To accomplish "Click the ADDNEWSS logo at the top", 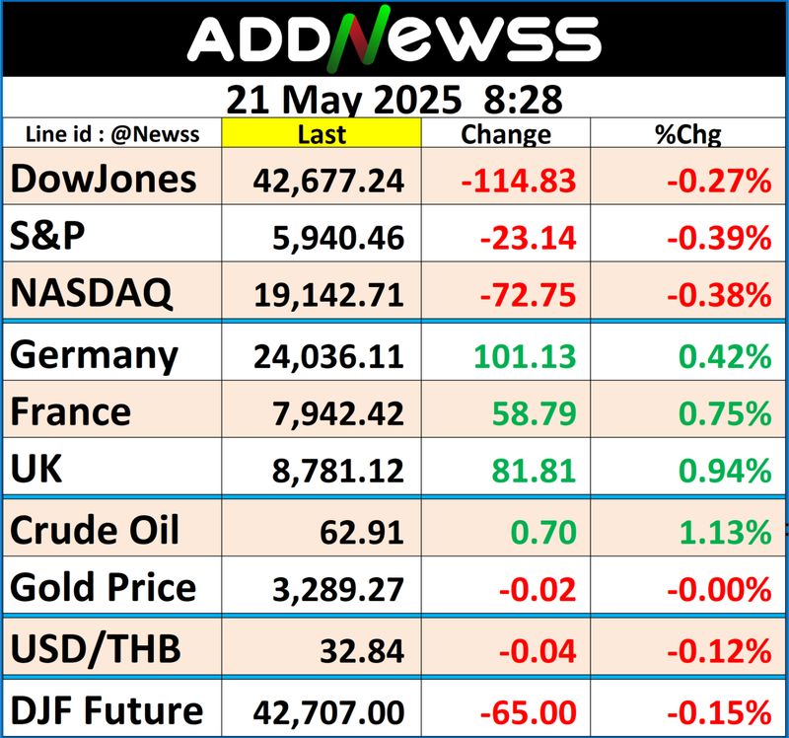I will point(394,40).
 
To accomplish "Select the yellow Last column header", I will point(321,133).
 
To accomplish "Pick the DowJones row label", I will point(104,179).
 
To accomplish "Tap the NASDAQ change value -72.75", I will point(527,293).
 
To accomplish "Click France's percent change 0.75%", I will point(730,411).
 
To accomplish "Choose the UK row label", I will point(36,469).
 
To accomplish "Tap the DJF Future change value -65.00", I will point(527,711).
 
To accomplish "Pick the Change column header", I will point(506,133).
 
